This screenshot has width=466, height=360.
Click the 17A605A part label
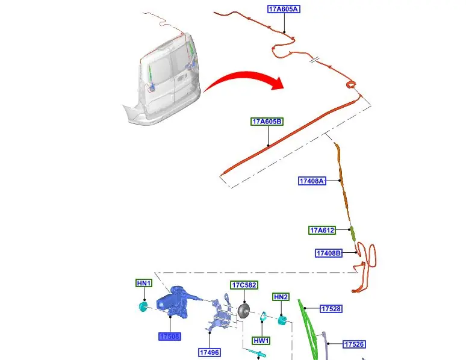coord(284,9)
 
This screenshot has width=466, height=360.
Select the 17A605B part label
coord(267,122)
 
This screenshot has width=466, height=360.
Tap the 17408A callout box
coord(312,181)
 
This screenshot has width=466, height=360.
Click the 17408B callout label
coord(329,253)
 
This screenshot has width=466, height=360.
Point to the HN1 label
coord(143,284)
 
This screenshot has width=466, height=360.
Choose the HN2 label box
coord(281,297)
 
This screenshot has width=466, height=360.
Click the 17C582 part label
coord(244,285)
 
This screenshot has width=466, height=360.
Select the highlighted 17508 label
coord(170,337)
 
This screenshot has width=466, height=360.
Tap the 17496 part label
coord(208,352)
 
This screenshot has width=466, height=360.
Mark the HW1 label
coord(261,341)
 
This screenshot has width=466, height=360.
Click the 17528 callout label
coord(331,309)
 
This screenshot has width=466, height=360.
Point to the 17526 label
coord(354,344)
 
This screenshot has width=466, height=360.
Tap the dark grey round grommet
coord(244,310)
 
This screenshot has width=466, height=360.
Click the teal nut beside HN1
coord(143,308)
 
